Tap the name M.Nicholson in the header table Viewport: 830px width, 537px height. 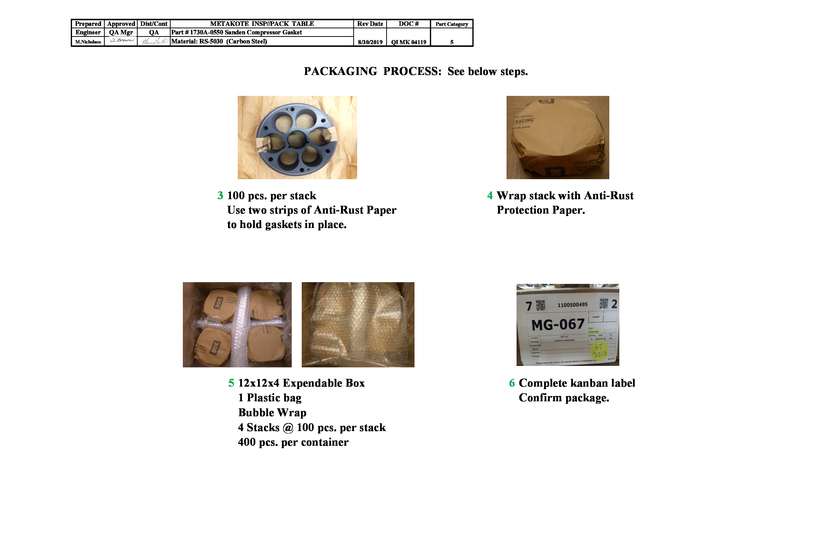pos(88,42)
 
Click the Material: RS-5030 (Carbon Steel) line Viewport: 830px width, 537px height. pos(219,41)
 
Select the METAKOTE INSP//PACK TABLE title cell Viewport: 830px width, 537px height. pos(262,24)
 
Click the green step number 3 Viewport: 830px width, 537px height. pos(220,195)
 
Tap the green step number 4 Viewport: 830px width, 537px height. pos(490,195)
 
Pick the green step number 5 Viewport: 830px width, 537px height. pos(231,383)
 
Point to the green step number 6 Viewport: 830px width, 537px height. pos(512,383)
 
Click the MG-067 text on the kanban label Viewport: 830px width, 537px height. pos(558,325)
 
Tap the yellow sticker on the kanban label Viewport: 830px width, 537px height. pos(599,351)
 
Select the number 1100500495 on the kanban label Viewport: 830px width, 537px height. pos(572,305)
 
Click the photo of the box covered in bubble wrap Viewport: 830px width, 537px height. pos(358,324)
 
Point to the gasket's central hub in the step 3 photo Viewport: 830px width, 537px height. pos(296,139)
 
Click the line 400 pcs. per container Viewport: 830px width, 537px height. pos(293,442)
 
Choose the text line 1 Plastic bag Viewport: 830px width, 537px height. pos(270,398)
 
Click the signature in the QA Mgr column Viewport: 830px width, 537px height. pos(121,41)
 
